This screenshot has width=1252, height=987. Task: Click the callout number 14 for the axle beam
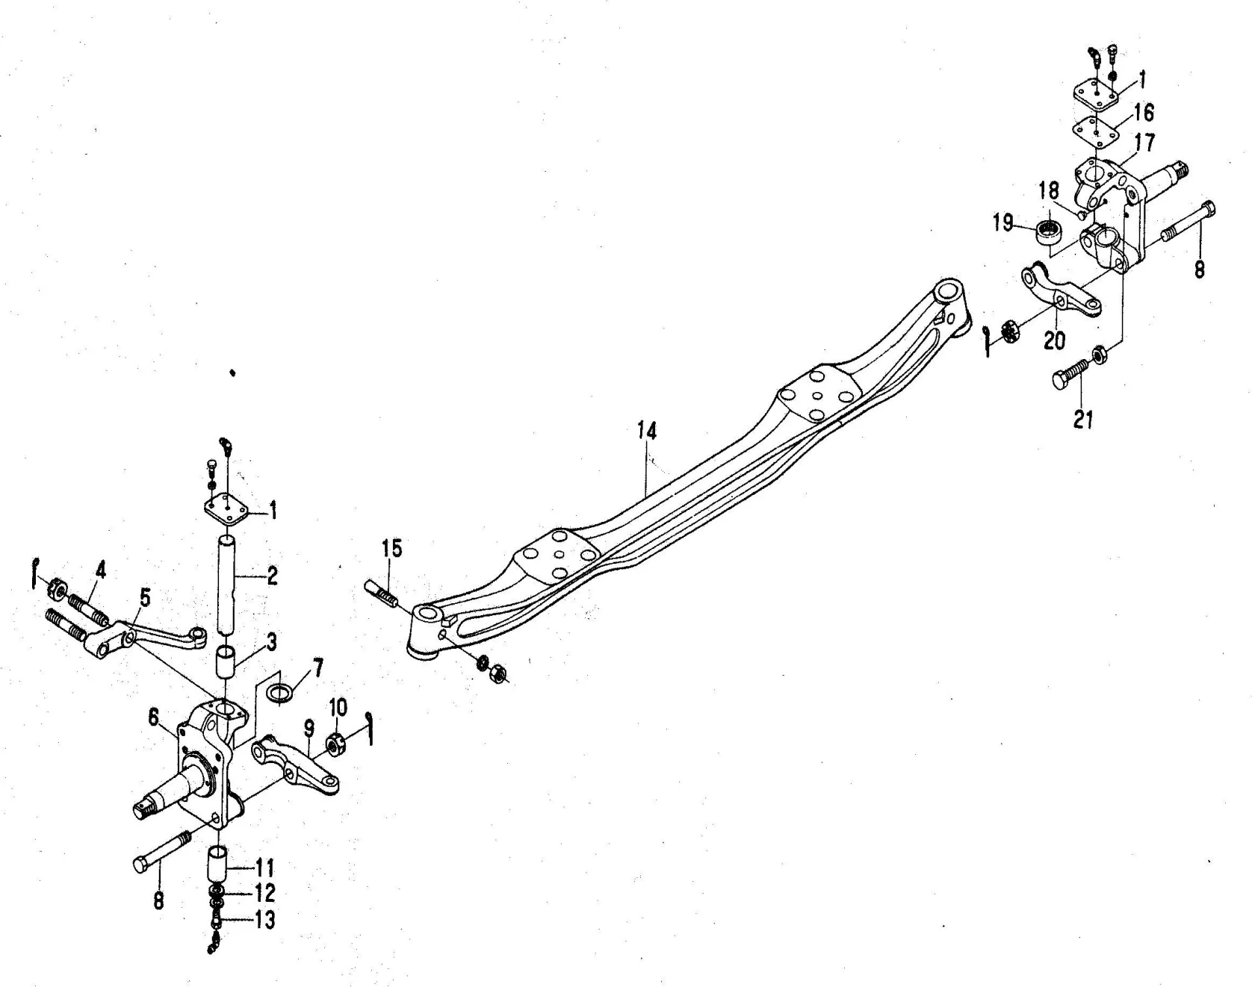coord(646,431)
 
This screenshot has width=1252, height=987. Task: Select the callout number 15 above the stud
coord(391,548)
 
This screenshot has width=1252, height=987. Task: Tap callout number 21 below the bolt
coord(1083,420)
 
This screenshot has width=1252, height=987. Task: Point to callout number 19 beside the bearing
coord(1002,222)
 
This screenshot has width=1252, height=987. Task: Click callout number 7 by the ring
coord(318,667)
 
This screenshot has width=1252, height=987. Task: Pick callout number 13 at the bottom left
coord(265,920)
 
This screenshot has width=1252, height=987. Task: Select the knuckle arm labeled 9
coord(294,765)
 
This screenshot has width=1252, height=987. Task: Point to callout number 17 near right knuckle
coord(1144,142)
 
